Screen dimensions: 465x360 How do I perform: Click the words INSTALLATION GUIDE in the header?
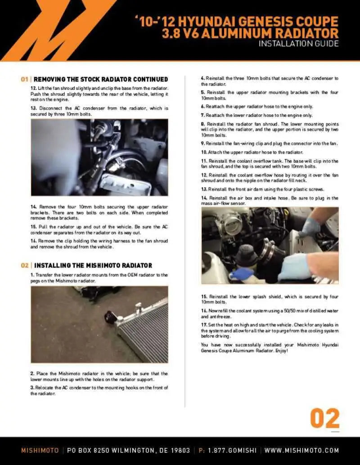click(299, 44)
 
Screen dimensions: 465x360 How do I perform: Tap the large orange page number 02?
click(324, 419)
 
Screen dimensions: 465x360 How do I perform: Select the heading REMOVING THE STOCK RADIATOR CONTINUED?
click(101, 80)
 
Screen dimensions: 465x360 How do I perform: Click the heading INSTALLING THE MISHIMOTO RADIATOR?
click(93, 265)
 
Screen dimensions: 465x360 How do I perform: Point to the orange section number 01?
click(25, 80)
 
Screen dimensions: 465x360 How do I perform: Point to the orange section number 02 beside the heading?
click(25, 265)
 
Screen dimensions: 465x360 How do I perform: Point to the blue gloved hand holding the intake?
click(295, 266)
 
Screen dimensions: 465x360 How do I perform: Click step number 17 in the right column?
click(204, 325)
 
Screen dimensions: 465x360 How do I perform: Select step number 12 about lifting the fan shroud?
click(33, 88)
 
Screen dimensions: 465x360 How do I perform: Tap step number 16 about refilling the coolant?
click(204, 311)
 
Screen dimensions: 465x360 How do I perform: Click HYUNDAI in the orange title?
click(202, 21)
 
